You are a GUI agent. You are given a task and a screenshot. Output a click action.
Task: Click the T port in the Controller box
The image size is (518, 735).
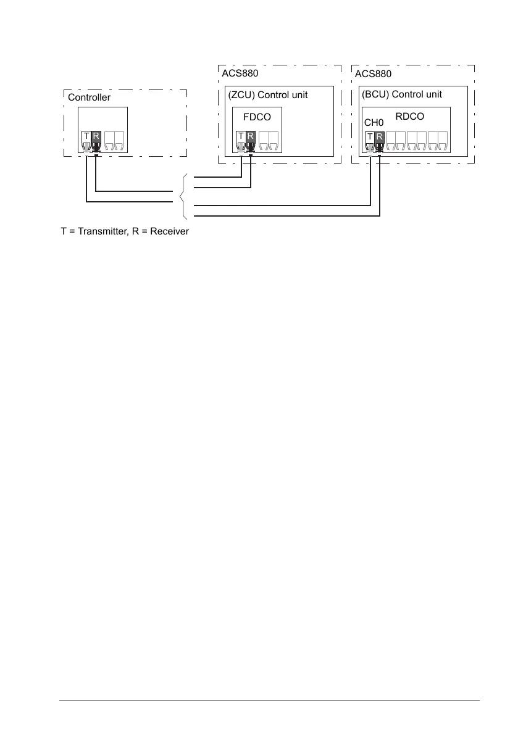click(86, 136)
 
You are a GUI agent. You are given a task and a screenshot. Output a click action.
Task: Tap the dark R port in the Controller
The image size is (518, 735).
click(96, 136)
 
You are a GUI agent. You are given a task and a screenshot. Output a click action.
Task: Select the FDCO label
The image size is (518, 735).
click(257, 117)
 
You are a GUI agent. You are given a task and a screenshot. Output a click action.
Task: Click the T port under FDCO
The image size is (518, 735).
click(241, 136)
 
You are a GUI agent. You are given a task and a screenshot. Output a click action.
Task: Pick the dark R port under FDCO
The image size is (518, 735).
click(250, 136)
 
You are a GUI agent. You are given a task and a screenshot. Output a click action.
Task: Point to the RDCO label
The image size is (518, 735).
click(409, 116)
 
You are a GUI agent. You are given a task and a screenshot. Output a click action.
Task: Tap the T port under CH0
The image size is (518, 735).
click(370, 136)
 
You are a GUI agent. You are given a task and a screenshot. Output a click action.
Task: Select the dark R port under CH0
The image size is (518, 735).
click(379, 136)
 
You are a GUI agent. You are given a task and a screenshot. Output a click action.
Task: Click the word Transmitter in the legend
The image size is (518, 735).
click(98, 232)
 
